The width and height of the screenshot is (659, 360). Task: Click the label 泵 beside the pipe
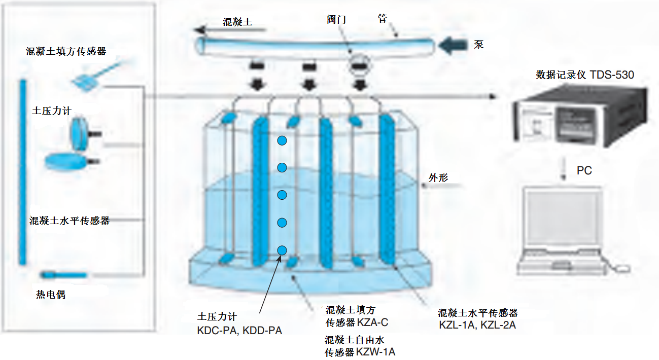pyautogui.click(x=478, y=45)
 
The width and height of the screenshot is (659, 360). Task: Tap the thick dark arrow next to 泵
pyautogui.click(x=453, y=46)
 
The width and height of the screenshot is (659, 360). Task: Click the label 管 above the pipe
pyautogui.click(x=383, y=19)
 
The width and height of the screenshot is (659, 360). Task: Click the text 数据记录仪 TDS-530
pyautogui.click(x=584, y=75)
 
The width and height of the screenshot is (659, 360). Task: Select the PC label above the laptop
pyautogui.click(x=584, y=171)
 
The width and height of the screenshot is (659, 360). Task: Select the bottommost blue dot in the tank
pyautogui.click(x=282, y=250)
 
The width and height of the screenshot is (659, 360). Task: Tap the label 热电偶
pyautogui.click(x=51, y=295)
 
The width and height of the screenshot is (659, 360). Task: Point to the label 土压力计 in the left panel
pyautogui.click(x=51, y=111)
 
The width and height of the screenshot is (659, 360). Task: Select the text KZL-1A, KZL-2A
pyautogui.click(x=477, y=325)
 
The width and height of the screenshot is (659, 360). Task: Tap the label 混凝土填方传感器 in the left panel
pyautogui.click(x=66, y=51)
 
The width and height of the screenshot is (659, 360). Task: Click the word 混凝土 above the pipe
pyautogui.click(x=237, y=22)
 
